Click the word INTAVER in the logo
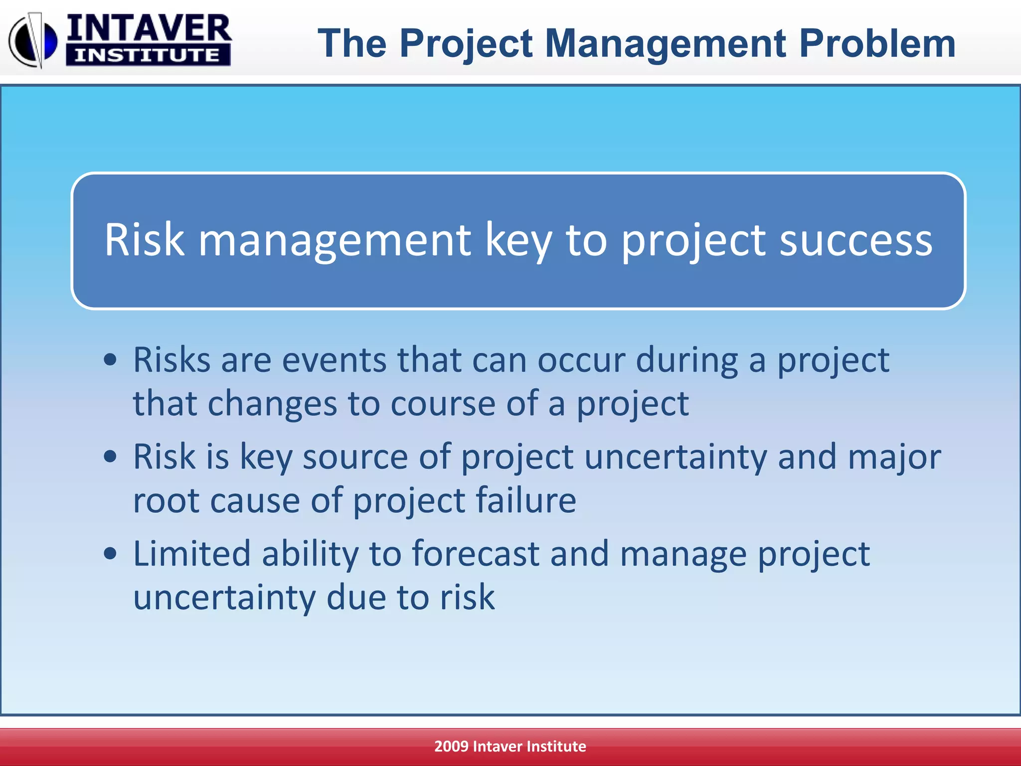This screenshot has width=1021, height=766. tap(149, 29)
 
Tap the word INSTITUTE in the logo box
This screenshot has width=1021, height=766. tap(148, 55)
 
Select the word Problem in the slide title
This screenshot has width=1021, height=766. tap(877, 43)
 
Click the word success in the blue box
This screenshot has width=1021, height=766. tap(855, 240)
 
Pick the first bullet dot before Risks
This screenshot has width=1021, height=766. tap(110, 360)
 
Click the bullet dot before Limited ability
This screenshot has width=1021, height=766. tap(110, 554)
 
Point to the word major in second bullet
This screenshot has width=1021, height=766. tap(894, 457)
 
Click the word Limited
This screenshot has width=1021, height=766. tap(192, 554)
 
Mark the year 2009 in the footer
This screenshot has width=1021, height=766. tap(451, 746)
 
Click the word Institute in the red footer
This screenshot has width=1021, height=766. tap(556, 746)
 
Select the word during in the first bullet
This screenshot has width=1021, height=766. tap(687, 360)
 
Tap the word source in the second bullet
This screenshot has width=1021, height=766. tap(355, 457)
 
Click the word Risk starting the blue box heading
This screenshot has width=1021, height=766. tap(145, 240)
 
